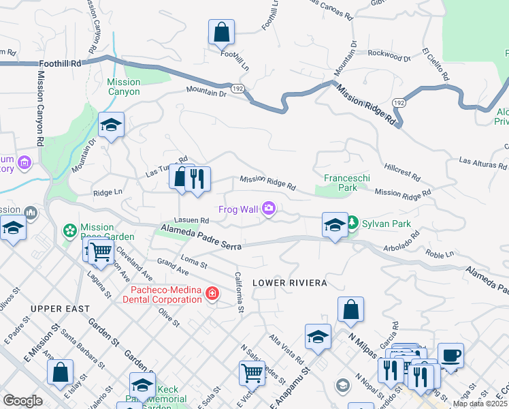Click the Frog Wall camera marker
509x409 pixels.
click(x=269, y=209)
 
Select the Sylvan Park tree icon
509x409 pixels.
click(x=352, y=222)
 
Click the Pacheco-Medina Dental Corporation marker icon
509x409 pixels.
click(x=212, y=294)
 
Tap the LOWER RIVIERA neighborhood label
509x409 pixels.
click(x=290, y=282)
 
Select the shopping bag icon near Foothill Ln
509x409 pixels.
click(x=221, y=32)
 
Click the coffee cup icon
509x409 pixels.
click(x=450, y=355)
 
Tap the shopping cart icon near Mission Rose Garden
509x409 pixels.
click(x=101, y=250)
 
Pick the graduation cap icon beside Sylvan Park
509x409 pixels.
click(x=334, y=225)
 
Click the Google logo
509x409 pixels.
click(x=22, y=401)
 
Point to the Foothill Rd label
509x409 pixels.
click(x=60, y=63)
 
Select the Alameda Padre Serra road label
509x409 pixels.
click(x=201, y=239)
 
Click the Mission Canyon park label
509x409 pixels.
click(x=124, y=87)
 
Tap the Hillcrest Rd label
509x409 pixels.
click(x=402, y=169)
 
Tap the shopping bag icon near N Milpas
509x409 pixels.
click(x=350, y=310)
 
